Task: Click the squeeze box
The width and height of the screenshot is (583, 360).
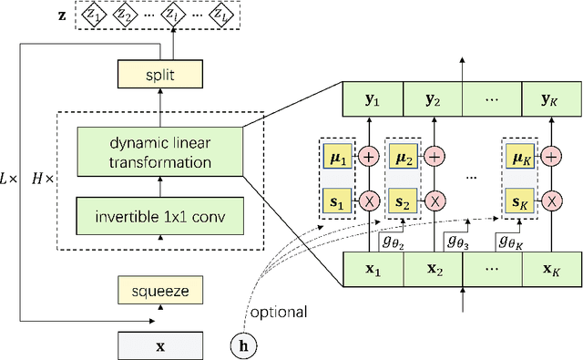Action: [x=160, y=292]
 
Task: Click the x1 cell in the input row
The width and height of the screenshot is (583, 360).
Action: [x=373, y=269]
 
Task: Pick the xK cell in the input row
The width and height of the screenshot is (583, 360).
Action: [x=552, y=269]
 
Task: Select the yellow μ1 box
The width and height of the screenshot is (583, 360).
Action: [x=336, y=156]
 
